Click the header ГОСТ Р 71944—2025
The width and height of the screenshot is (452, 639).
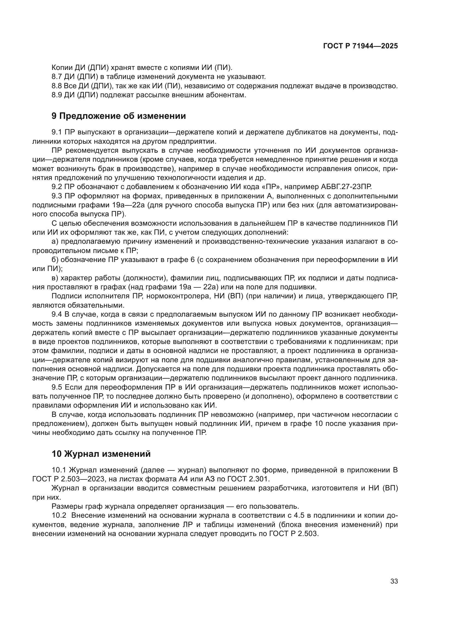360,46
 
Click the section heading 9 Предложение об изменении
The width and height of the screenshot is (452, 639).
119,116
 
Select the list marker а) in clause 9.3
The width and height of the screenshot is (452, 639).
55,241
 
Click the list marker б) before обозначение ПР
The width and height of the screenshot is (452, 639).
55,260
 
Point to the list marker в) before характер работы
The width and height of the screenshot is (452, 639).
55,278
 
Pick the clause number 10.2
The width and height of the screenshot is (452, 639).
59,515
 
